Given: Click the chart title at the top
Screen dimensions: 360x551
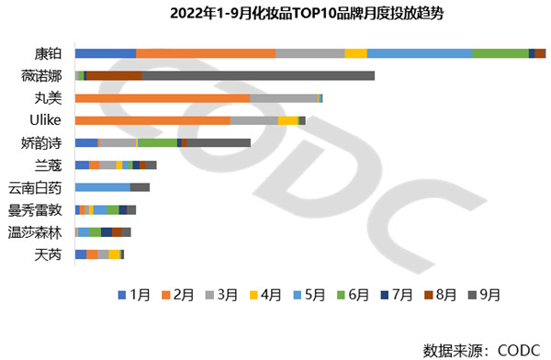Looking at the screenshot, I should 275,15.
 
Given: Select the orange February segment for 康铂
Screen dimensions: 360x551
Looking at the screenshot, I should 205,53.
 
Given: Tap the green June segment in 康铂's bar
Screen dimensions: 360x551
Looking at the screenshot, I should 500,53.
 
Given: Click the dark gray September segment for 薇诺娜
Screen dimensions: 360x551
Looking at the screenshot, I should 258,75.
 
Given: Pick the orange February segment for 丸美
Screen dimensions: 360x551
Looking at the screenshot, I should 162,97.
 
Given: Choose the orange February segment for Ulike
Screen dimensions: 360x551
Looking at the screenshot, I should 152,120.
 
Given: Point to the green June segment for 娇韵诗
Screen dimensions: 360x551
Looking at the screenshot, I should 157,142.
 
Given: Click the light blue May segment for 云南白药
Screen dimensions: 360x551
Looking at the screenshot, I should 103,187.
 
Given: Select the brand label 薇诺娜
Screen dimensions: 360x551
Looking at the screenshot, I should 41,75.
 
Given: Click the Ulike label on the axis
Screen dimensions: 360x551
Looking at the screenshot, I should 46,120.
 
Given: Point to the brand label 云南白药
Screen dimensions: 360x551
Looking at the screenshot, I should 35,187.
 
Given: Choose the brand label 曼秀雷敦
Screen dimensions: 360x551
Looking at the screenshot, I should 35,209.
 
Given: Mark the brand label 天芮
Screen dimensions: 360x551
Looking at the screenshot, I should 48,254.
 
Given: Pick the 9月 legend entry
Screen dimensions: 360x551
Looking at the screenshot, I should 484,295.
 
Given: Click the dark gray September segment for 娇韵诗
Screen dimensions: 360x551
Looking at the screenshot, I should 219,142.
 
